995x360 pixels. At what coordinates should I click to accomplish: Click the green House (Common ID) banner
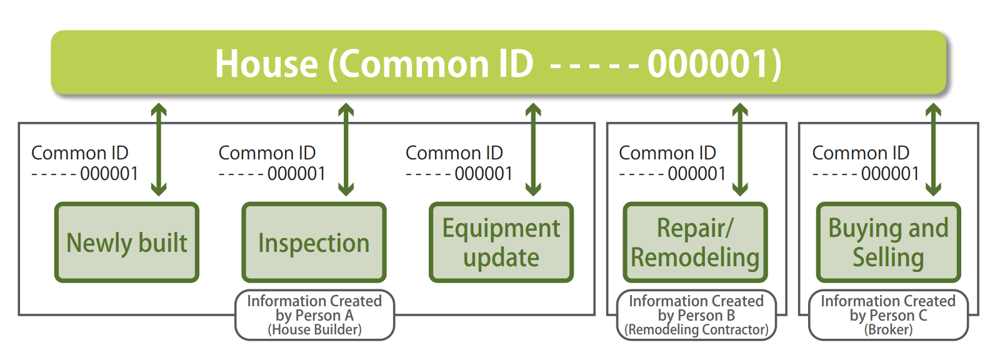click(498, 62)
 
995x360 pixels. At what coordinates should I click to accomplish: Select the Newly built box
click(127, 242)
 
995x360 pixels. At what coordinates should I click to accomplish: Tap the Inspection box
click(314, 242)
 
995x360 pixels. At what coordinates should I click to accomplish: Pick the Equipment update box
click(501, 242)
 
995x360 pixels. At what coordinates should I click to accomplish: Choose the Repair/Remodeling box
click(695, 242)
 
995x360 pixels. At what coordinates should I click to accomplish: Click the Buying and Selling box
click(888, 242)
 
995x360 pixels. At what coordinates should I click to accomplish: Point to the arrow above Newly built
click(159, 149)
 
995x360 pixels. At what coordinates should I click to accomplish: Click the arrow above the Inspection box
click(346, 149)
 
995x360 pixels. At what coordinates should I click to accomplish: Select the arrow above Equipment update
click(533, 149)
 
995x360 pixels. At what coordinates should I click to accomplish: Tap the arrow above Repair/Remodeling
click(740, 149)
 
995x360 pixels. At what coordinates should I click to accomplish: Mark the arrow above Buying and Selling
click(933, 149)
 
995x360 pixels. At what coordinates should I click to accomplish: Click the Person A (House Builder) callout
click(314, 315)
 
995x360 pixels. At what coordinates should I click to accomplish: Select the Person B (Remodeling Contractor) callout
click(696, 315)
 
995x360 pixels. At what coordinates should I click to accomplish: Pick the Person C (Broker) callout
click(888, 315)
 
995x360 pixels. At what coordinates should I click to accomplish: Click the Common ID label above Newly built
click(84, 163)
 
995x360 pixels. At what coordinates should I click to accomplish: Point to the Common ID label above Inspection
click(272, 163)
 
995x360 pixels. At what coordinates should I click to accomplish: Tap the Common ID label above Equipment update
click(459, 163)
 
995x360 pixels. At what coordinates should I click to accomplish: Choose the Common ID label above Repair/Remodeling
click(672, 163)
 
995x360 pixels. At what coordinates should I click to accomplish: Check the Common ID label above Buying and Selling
click(865, 163)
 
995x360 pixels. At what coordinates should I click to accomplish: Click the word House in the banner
click(266, 64)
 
